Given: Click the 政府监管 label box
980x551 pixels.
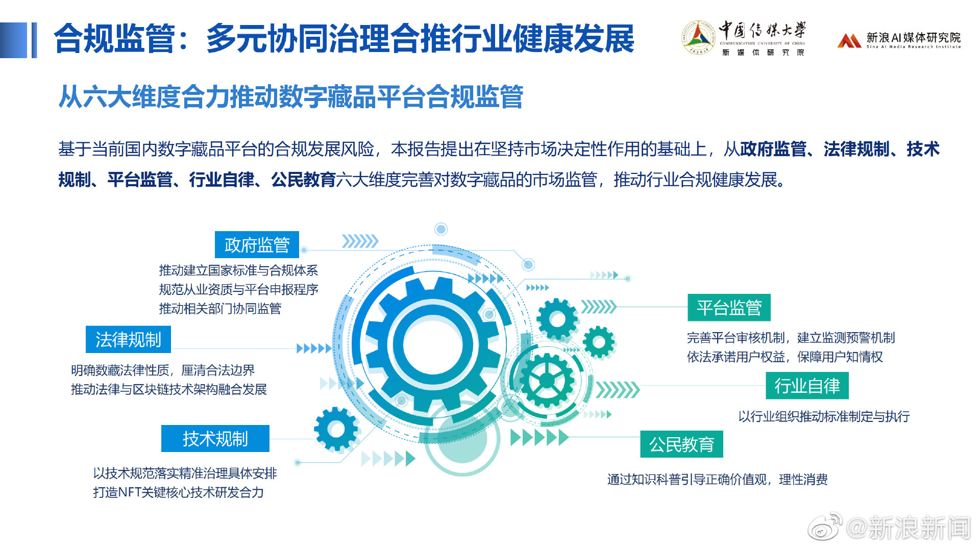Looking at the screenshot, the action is click(x=257, y=245).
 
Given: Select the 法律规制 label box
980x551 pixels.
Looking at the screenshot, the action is click(x=128, y=339).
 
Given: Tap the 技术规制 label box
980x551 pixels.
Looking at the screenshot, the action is click(x=215, y=438).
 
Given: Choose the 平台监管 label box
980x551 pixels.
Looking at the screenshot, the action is click(x=729, y=308).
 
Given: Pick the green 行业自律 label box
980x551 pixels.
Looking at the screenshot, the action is click(x=807, y=386).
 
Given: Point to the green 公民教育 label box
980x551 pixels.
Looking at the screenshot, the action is click(x=681, y=444).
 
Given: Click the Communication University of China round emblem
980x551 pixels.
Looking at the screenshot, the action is click(x=698, y=37).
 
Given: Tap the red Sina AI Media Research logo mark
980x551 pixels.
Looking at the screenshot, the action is click(x=849, y=40).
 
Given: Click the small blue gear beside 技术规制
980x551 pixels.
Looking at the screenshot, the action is click(x=336, y=429).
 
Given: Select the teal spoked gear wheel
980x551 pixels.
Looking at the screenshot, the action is click(x=547, y=380).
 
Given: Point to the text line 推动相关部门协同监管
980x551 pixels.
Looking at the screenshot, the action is click(x=220, y=309).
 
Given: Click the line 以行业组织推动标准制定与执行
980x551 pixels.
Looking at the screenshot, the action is click(x=824, y=416).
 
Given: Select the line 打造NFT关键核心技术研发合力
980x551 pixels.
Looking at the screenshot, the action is click(x=178, y=492).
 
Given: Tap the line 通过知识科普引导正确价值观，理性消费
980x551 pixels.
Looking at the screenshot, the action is click(x=717, y=480).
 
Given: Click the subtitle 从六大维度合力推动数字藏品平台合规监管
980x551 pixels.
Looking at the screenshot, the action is click(x=290, y=96).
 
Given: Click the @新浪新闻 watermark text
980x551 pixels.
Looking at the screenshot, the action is click(x=908, y=528).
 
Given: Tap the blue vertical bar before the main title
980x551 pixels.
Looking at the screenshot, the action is click(x=34, y=40).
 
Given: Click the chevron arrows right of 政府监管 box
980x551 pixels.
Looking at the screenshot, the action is click(x=360, y=241).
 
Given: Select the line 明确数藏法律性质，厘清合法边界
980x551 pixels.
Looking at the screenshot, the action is click(x=163, y=370).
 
